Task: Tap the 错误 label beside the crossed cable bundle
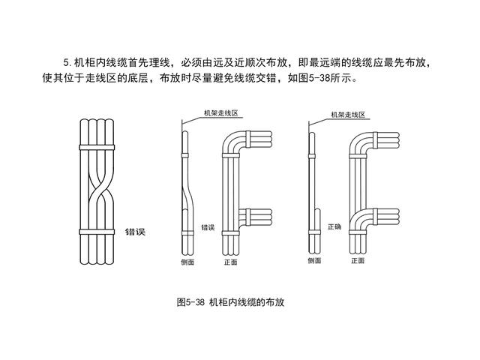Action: pyautogui.click(x=135, y=232)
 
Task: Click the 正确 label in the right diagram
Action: pyautogui.click(x=334, y=226)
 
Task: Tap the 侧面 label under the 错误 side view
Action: pyautogui.click(x=187, y=262)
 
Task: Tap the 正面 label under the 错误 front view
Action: pyautogui.click(x=230, y=262)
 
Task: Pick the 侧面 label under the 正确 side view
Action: pyautogui.click(x=315, y=262)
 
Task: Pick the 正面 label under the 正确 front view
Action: pyautogui.click(x=358, y=262)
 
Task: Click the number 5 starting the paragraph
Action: pyautogui.click(x=66, y=61)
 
